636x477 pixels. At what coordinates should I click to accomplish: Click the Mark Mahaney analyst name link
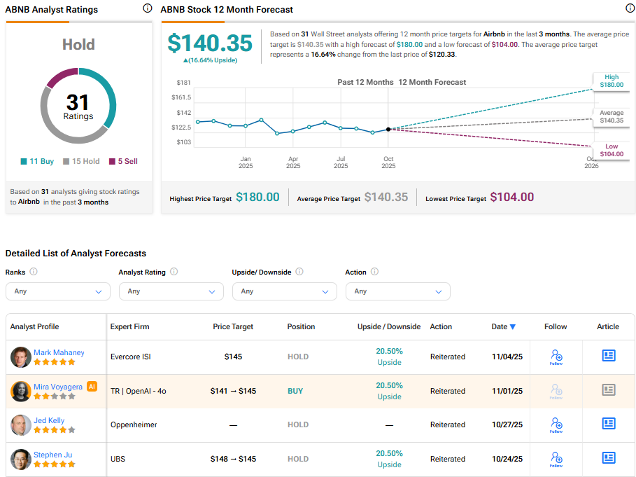[x=59, y=352]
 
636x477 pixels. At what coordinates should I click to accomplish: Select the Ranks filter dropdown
[x=57, y=291]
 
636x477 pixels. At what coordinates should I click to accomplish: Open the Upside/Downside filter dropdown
[x=284, y=291]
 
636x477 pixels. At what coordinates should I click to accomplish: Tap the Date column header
[x=503, y=326]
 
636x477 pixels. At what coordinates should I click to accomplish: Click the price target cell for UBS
[x=233, y=459]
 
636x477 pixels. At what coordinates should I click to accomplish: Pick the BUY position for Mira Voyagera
[x=295, y=391]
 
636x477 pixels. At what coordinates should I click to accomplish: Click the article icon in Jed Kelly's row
[x=608, y=424]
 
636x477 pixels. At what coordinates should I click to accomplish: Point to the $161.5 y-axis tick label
[x=181, y=97]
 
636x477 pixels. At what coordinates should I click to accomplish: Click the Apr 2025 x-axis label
[x=293, y=163]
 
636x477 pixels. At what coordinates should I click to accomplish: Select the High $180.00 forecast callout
[x=610, y=81]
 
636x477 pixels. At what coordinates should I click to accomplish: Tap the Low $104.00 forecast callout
[x=610, y=149]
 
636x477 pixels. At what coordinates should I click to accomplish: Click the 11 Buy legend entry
[x=37, y=161]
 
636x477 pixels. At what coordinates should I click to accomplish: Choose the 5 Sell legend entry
[x=123, y=161]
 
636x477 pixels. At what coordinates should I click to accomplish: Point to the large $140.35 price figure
[x=210, y=43]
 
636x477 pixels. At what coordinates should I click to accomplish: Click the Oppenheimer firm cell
[x=134, y=424]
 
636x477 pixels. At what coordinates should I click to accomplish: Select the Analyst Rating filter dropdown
[x=171, y=291]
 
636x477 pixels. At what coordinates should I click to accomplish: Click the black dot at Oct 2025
[x=388, y=129]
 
